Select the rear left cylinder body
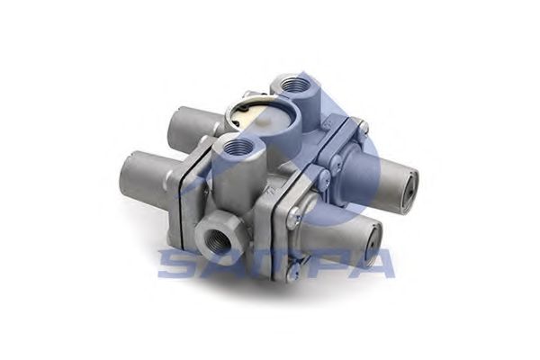pyautogui.click(x=193, y=121)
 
